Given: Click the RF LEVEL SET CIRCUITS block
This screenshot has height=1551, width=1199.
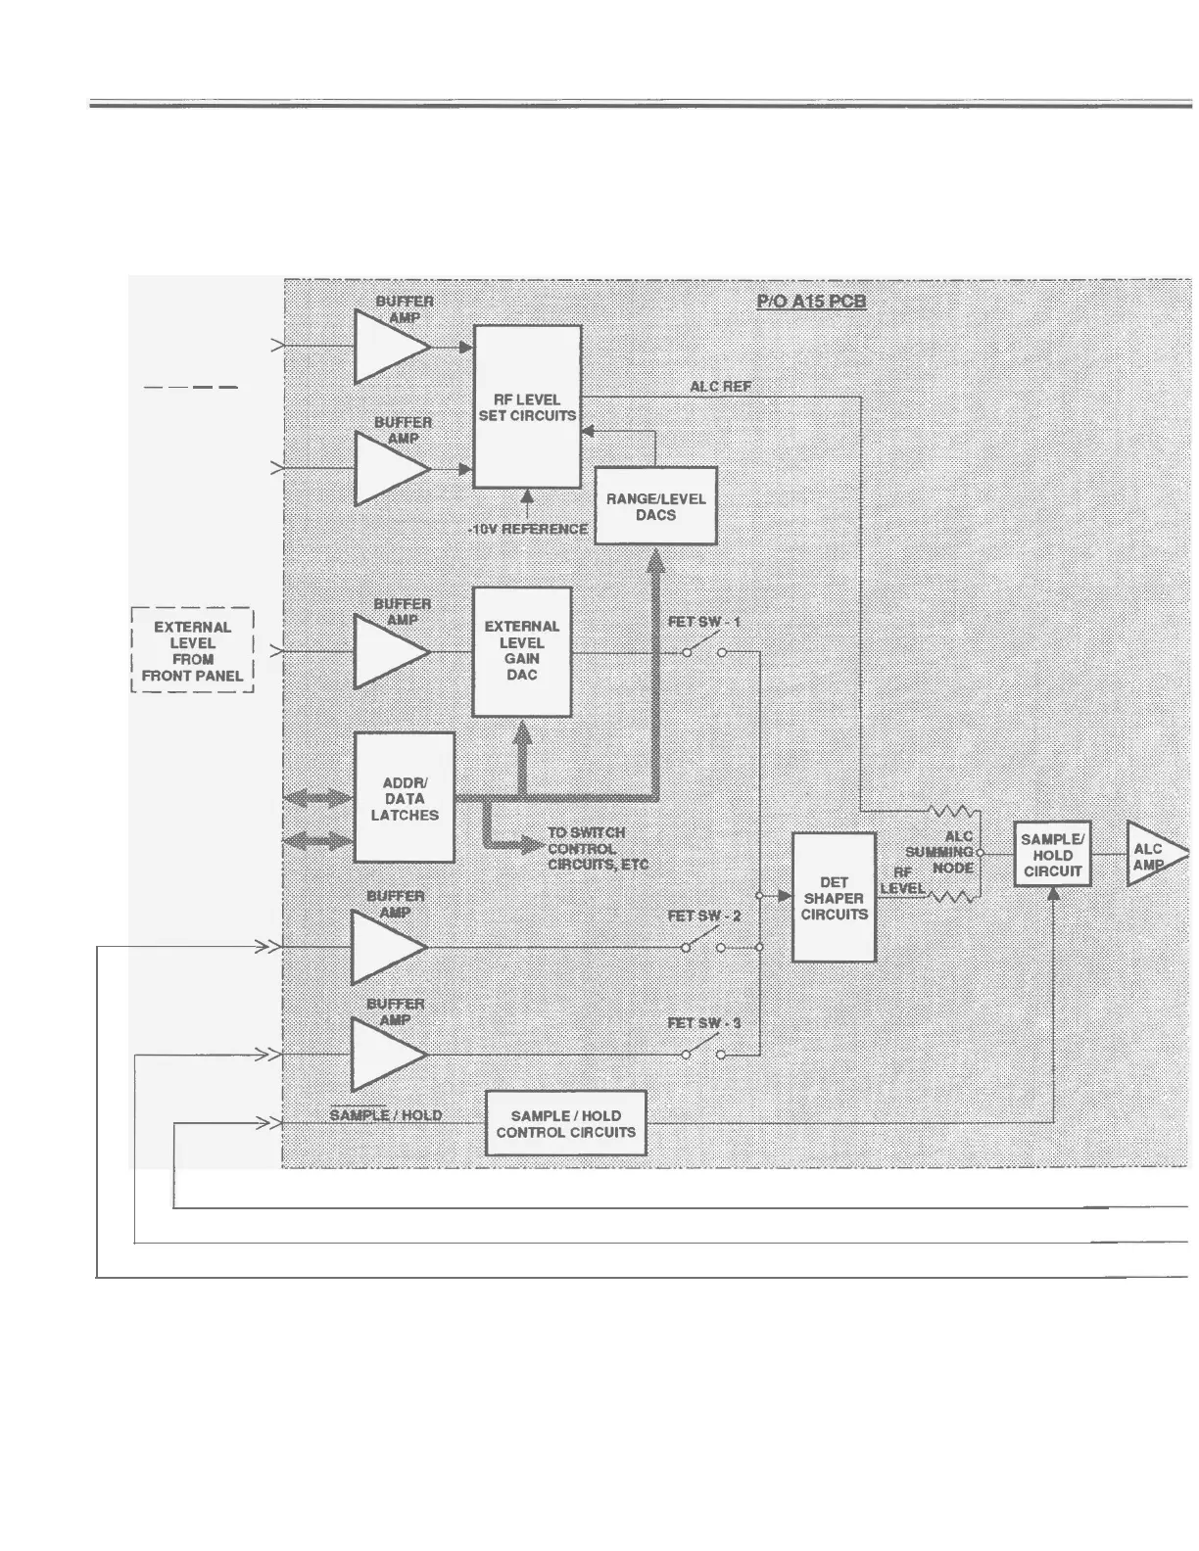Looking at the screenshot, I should click(x=527, y=407).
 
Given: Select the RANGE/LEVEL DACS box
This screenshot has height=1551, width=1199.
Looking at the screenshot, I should click(x=655, y=506).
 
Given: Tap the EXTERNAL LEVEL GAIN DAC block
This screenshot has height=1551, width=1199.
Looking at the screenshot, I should click(x=521, y=651).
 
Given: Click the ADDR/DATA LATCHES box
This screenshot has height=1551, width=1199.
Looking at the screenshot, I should click(x=404, y=798).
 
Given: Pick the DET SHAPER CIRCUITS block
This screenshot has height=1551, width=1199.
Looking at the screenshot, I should click(x=834, y=898).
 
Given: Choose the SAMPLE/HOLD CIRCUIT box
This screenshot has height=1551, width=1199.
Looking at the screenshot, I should click(x=1052, y=855).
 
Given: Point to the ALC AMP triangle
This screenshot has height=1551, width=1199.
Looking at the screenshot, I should click(x=1152, y=855).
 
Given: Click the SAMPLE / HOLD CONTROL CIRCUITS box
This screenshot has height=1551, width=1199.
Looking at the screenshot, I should click(x=566, y=1124).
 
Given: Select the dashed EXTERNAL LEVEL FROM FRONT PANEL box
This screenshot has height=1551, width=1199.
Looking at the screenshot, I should click(x=192, y=650).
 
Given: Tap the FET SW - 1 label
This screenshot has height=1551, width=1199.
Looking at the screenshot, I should click(x=704, y=622).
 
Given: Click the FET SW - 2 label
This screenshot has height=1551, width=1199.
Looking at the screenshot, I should click(x=704, y=916).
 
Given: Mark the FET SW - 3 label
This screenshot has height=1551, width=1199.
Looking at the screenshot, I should click(x=704, y=1023).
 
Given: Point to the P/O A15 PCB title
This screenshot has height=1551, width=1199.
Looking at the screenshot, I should click(x=811, y=301).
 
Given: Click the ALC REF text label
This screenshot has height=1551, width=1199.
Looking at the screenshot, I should click(x=721, y=387).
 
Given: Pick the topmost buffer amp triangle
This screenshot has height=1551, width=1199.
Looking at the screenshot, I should click(x=389, y=347).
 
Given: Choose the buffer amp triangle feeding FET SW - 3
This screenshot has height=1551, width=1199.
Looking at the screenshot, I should click(x=386, y=1055).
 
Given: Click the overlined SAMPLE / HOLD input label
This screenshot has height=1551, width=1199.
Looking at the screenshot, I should click(x=385, y=1115).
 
